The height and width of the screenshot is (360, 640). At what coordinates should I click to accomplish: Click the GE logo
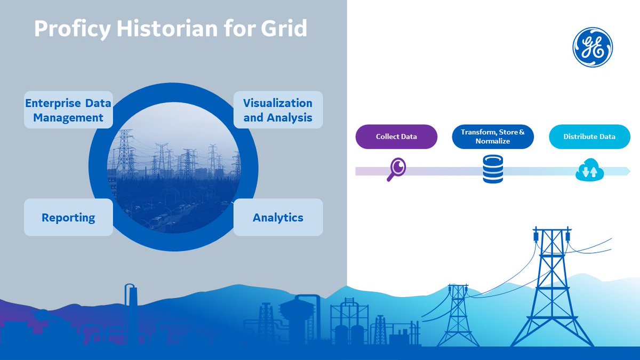[593, 47]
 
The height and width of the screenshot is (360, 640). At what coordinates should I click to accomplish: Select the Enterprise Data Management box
[68, 110]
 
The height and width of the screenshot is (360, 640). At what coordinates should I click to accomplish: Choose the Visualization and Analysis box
[278, 110]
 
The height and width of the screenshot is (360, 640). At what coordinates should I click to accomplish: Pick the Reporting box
[68, 218]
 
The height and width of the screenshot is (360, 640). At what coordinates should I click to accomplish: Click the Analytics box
[278, 218]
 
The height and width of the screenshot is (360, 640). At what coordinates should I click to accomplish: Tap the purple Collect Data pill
[396, 137]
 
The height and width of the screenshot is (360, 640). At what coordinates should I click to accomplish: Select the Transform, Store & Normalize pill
[493, 137]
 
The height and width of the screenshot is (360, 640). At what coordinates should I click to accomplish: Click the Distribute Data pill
[589, 137]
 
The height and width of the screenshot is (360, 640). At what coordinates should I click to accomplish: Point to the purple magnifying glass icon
[396, 170]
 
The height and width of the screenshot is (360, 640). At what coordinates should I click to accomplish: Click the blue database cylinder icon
[493, 170]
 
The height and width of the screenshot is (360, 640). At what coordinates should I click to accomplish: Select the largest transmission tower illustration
[550, 288]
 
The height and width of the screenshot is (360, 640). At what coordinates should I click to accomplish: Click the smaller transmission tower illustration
[457, 315]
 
